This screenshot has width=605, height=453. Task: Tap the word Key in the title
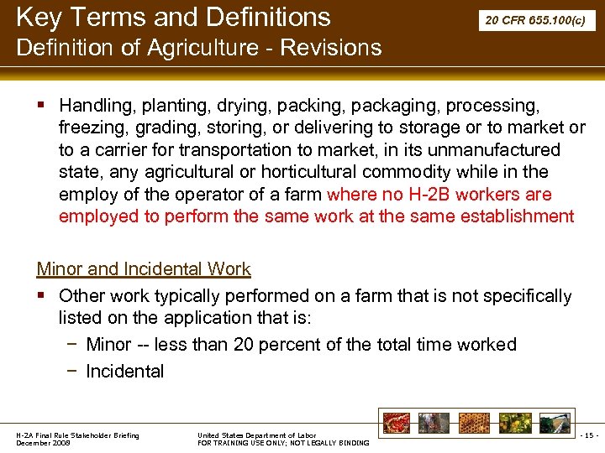39,17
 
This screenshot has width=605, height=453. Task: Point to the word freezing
91,128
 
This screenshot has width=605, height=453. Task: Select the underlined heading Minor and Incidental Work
144,269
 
